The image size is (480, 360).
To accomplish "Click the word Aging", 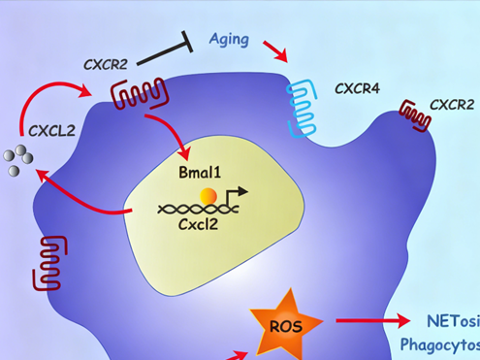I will [229, 40].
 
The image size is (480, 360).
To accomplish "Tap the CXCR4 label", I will [358, 89].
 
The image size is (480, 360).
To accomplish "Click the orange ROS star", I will [278, 326].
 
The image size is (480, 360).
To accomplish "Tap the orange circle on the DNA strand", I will [208, 198].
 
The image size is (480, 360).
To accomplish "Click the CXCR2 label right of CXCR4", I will [452, 104].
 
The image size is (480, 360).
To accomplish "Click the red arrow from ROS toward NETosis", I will [373, 320].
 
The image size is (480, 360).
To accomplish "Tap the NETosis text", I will [452, 320].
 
